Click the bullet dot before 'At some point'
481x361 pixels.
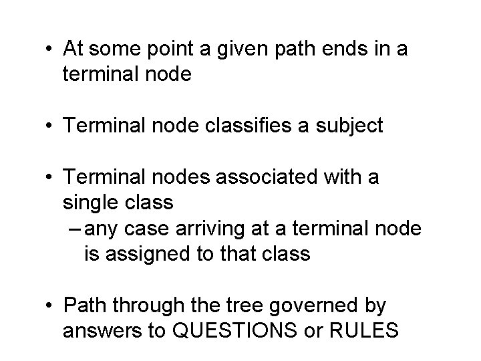click(x=51, y=49)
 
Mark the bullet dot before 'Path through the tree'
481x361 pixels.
click(x=51, y=307)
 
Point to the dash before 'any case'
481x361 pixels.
click(x=75, y=229)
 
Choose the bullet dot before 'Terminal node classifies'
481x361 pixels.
click(x=51, y=126)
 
